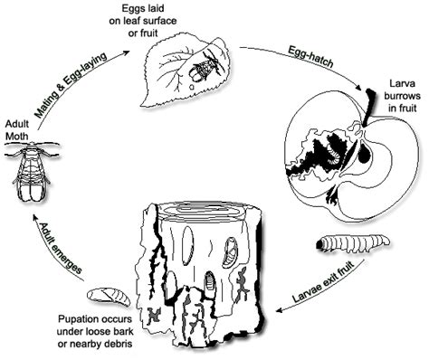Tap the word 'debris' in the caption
click(137, 347)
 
